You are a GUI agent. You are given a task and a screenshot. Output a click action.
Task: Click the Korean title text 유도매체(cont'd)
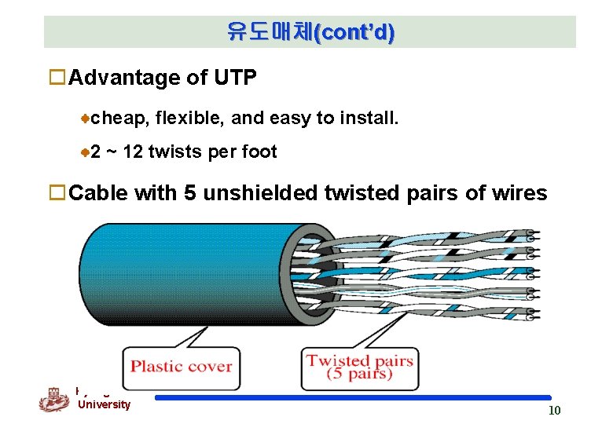click(310, 32)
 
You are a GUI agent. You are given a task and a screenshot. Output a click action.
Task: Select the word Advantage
click(116, 79)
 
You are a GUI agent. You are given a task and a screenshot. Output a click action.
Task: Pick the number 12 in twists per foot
click(133, 152)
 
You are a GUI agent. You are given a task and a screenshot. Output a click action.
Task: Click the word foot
click(259, 152)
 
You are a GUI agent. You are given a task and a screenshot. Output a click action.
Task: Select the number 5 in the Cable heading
click(189, 193)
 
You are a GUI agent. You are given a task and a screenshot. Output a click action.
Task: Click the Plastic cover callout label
click(181, 367)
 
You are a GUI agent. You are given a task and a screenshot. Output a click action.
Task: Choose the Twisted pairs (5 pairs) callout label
click(359, 367)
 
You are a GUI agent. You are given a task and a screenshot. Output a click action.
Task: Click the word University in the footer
click(104, 404)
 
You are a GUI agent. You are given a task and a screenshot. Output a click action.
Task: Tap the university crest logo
click(54, 400)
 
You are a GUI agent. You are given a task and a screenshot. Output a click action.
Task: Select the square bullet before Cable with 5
click(57, 193)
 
